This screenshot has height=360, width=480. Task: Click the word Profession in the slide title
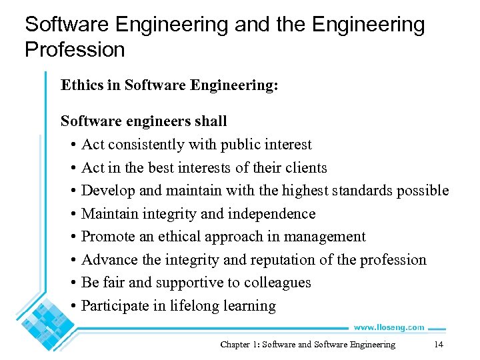(x=75, y=49)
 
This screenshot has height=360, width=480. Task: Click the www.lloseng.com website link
(x=389, y=327)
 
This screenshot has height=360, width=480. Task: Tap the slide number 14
(x=438, y=345)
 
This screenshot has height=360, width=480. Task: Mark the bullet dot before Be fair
(x=71, y=283)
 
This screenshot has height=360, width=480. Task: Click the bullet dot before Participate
(x=71, y=307)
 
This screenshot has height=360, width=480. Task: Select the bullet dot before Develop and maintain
(x=71, y=191)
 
